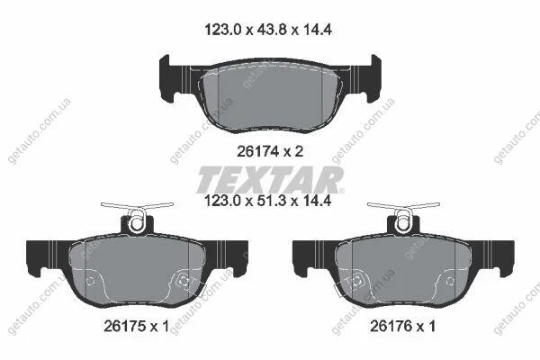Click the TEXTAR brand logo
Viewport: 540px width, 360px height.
(270, 179)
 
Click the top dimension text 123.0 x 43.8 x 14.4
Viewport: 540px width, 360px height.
(268, 30)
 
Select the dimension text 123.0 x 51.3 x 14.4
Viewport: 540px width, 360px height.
(268, 200)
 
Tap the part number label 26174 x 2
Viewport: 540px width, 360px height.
(270, 151)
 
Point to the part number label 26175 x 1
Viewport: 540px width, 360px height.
(137, 326)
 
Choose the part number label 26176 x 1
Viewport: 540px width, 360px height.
(402, 326)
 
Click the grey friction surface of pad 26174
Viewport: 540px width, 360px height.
(270, 98)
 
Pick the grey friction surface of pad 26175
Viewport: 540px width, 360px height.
(138, 272)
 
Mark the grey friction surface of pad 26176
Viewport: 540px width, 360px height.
(403, 272)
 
